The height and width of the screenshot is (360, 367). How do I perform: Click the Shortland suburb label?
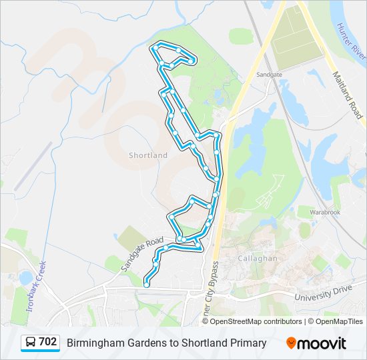point(148,155)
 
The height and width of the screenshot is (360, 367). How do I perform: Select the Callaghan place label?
point(253,257)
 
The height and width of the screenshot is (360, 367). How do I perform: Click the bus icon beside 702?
point(30,343)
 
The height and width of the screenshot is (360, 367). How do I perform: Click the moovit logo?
point(316,343)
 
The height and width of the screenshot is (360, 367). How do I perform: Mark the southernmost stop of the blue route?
point(147,285)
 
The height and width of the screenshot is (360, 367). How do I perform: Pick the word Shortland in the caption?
point(204,343)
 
